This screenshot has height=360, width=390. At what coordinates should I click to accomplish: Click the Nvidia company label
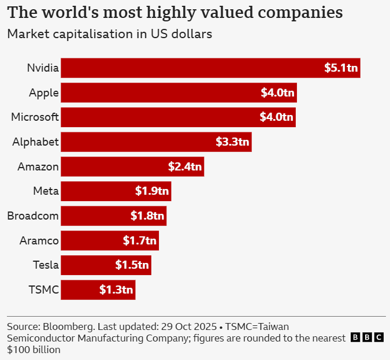tap(43, 68)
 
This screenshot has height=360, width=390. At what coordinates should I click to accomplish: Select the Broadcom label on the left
tap(33, 216)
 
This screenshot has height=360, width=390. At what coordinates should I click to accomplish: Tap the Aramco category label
tap(38, 241)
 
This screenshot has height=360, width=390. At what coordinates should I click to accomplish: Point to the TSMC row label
tap(44, 290)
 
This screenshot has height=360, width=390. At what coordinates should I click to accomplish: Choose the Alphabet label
tap(36, 142)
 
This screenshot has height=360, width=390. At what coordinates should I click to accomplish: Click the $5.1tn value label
tap(341, 68)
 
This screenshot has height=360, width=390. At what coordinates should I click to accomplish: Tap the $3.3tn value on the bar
tap(232, 142)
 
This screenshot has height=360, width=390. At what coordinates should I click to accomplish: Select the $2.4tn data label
tap(185, 167)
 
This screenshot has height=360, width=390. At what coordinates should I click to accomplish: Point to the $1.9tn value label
tap(152, 191)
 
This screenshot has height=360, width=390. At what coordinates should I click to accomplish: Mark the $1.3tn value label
tap(116, 290)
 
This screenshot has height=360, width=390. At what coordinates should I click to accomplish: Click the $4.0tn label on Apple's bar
tap(277, 92)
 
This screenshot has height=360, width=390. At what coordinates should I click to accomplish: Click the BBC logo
tap(367, 337)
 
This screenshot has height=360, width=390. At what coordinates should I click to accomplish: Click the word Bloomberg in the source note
tap(69, 326)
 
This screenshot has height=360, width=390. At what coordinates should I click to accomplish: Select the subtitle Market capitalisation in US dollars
tap(110, 34)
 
